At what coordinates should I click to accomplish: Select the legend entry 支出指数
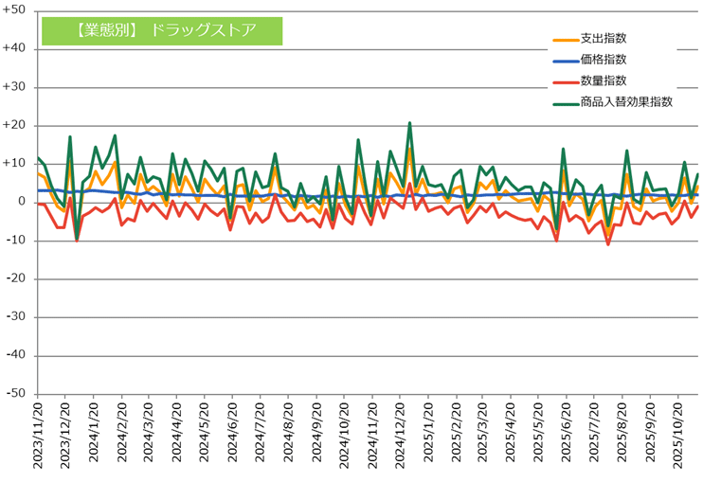click(x=606, y=39)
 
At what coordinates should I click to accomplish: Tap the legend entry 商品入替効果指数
click(x=626, y=101)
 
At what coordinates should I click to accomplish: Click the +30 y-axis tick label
click(x=16, y=87)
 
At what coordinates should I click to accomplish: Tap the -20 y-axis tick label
click(x=17, y=278)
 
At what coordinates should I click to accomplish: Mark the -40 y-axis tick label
click(x=17, y=355)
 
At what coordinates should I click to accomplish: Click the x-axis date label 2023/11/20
click(x=39, y=431)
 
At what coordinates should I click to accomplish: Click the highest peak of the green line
click(x=409, y=123)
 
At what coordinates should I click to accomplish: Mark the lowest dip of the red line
click(x=607, y=244)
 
